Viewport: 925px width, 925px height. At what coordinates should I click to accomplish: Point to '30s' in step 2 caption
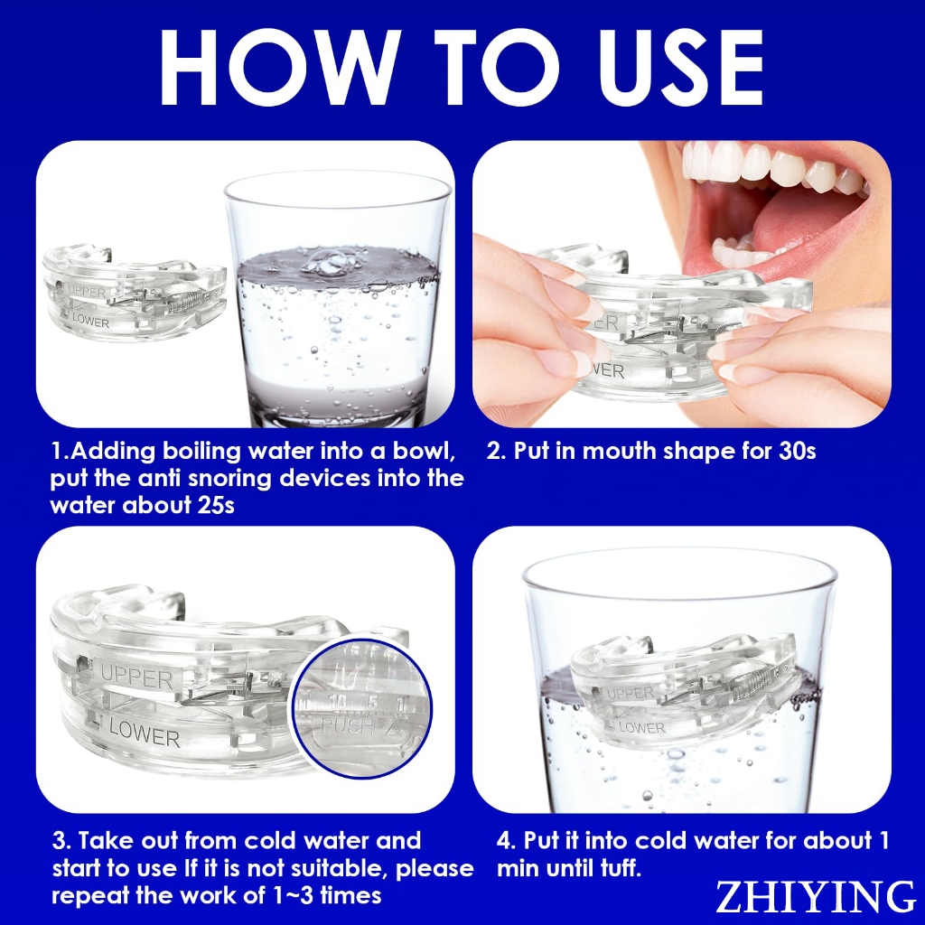coord(797,451)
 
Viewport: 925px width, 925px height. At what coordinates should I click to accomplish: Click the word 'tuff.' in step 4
coord(617,868)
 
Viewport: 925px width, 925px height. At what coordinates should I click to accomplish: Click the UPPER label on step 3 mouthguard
coord(135,676)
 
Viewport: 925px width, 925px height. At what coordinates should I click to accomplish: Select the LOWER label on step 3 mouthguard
coord(144,733)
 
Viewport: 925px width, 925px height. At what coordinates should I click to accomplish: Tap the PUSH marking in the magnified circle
coord(346,726)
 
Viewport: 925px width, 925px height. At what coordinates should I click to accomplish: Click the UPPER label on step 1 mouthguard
coord(86,292)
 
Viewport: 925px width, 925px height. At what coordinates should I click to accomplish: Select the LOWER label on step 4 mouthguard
coord(642,727)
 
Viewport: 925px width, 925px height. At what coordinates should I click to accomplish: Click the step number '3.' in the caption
coord(61,841)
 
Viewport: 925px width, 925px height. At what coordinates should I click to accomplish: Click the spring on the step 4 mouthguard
coord(745,685)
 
